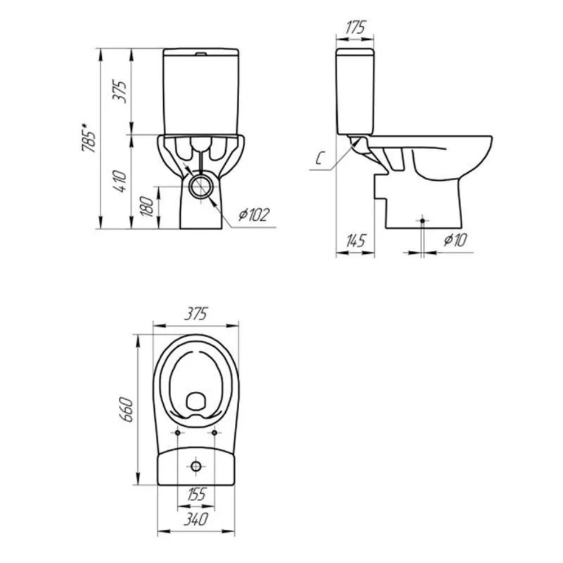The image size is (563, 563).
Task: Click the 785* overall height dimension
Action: tap(89, 138)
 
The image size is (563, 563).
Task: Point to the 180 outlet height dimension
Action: tap(148, 206)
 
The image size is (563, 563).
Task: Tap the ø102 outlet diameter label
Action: tap(254, 215)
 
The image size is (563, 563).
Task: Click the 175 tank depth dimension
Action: tap(355, 27)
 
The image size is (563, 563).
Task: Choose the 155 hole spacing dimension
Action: tap(196, 494)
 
